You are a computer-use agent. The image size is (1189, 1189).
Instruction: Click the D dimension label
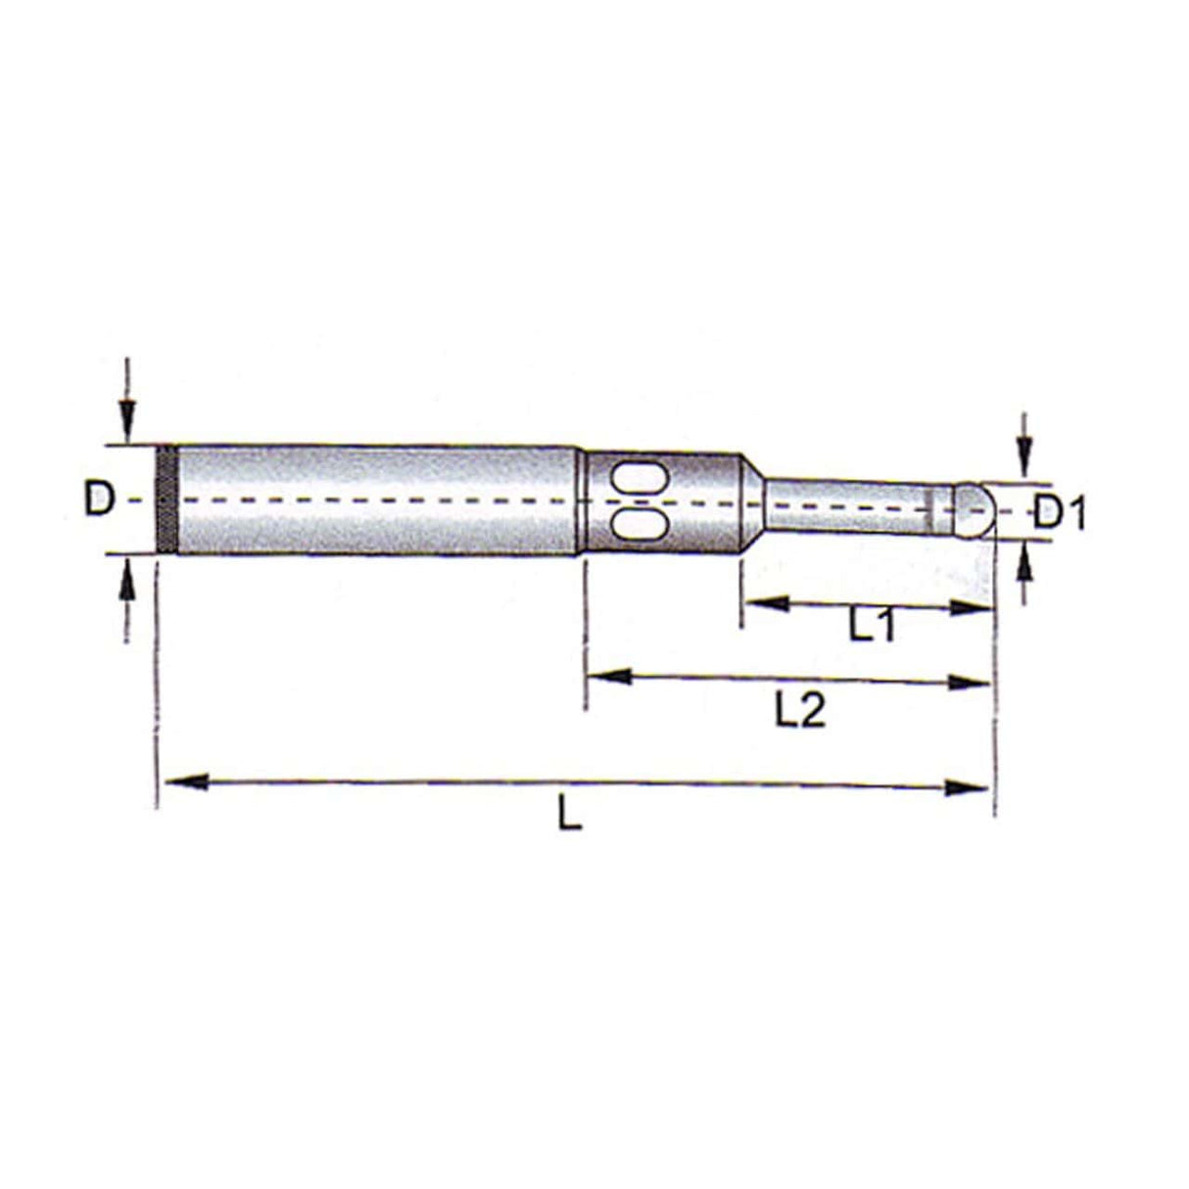[x=99, y=499]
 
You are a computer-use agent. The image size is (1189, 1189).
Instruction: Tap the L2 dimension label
[x=800, y=712]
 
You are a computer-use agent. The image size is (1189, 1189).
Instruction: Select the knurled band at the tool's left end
[x=167, y=500]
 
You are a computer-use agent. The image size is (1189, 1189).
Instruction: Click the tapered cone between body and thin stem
[x=752, y=501]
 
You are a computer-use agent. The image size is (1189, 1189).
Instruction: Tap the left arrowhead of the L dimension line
[x=186, y=782]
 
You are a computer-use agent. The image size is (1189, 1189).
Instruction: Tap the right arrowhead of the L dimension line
[x=968, y=786]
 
